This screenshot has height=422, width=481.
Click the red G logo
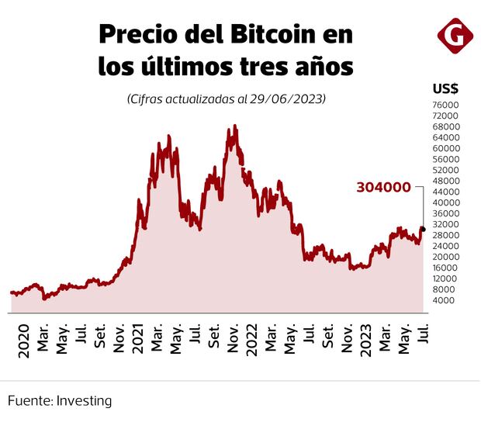tap(453, 36)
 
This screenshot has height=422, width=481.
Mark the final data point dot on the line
tap(422, 229)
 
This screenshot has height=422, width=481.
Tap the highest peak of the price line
tap(234, 126)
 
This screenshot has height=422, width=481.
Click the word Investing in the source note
tap(84, 401)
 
